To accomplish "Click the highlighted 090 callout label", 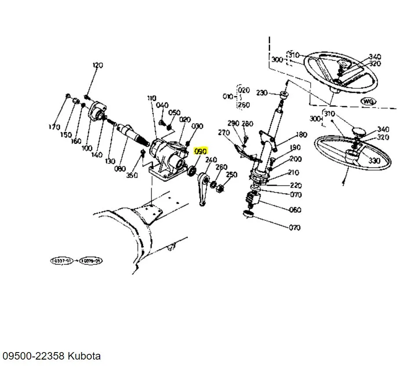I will (x=200, y=151).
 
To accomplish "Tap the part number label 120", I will (x=98, y=65).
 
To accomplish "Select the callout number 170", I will (x=54, y=127).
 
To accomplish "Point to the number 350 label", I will (x=131, y=175).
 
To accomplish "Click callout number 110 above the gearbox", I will (x=152, y=98).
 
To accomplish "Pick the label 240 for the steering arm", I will (x=211, y=160).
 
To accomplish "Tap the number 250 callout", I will (x=231, y=175).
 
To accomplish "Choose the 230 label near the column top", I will (x=262, y=93).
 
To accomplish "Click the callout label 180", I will (x=302, y=135).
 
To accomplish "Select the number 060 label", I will (x=295, y=210).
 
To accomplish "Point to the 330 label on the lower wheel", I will (x=374, y=161).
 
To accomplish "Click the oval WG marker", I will (x=369, y=102).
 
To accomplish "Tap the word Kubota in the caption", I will (x=84, y=356).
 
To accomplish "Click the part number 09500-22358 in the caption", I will (x=33, y=356).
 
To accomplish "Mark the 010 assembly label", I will (x=228, y=97).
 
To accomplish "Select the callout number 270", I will (x=224, y=132).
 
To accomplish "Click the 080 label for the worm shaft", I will (x=120, y=168).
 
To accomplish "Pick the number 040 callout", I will (x=162, y=105).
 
